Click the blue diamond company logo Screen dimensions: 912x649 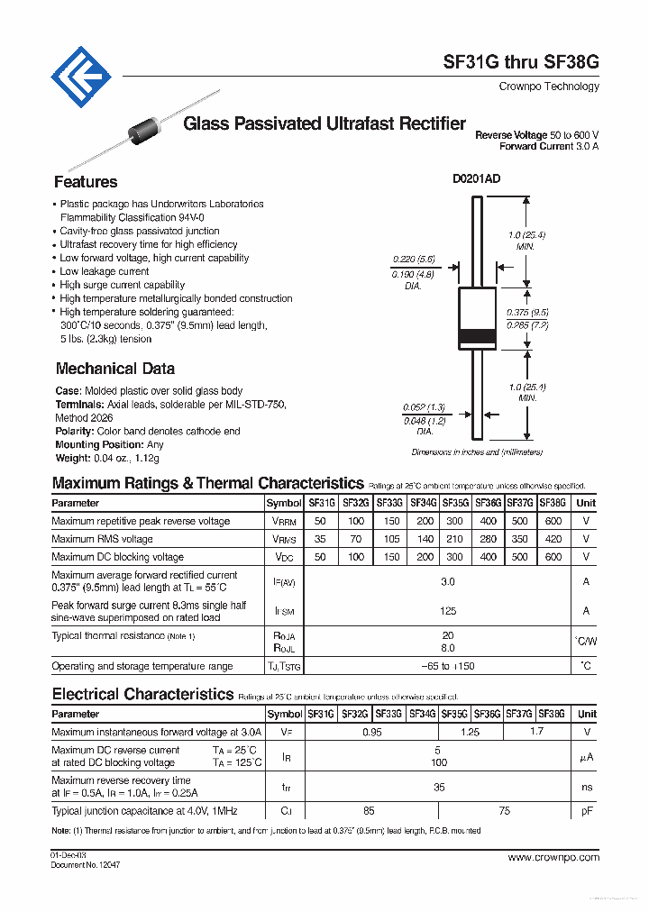coord(81,78)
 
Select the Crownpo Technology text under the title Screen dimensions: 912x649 coord(548,87)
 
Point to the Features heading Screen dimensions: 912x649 coord(86,182)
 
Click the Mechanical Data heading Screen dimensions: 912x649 coord(115,369)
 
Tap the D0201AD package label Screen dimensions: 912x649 coord(476,178)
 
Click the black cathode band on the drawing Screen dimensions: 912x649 coord(477,338)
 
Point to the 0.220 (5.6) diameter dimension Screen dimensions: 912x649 coord(414,259)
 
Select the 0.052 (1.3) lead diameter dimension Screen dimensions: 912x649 coord(424,408)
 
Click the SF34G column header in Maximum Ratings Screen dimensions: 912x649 coord(423,503)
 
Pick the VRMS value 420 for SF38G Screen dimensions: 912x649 coord(553,539)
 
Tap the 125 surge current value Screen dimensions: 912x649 coord(448,611)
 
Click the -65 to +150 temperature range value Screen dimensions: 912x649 coord(448,666)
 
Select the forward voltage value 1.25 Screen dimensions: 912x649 coord(470,733)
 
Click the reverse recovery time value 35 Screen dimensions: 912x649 coord(439,787)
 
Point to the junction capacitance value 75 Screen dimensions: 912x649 coord(504,811)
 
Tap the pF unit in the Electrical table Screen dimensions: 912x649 coord(586,811)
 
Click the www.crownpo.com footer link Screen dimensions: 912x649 coord(553,858)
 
